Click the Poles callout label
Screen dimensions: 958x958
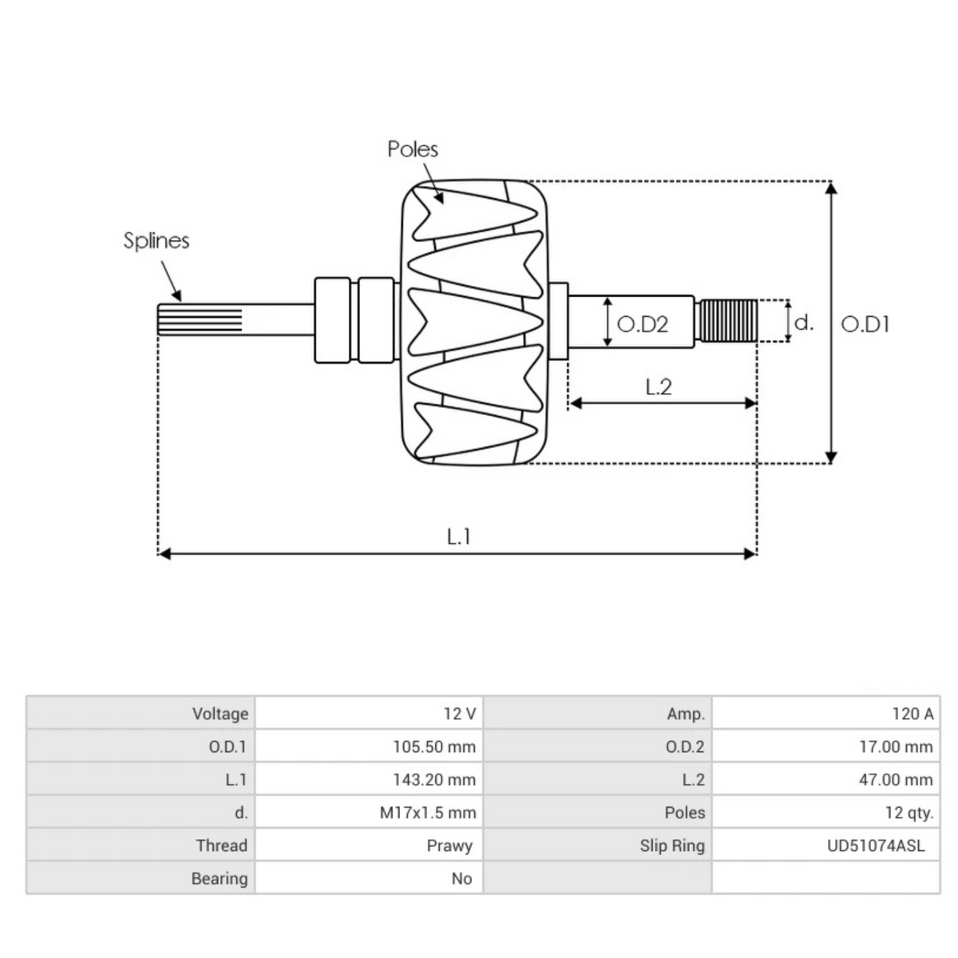(413, 149)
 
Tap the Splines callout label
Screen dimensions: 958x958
(156, 240)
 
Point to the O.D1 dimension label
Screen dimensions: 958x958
(865, 324)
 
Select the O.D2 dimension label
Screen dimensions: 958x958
(643, 324)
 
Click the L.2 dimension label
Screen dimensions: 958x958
(659, 387)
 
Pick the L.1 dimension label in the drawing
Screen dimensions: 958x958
(458, 536)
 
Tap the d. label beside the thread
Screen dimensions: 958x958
(804, 323)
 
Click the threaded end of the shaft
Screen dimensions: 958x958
(726, 321)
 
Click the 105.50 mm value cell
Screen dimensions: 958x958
(433, 747)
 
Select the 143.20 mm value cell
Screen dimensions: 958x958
(433, 780)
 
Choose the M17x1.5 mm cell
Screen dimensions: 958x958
(427, 813)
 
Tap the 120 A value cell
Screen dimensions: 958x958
(912, 714)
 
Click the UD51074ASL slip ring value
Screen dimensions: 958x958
(876, 845)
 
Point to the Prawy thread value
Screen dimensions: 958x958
(449, 845)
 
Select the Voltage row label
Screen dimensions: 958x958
(220, 714)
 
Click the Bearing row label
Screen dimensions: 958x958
(220, 878)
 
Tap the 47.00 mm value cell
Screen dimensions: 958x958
(895, 780)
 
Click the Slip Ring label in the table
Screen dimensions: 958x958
(671, 845)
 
